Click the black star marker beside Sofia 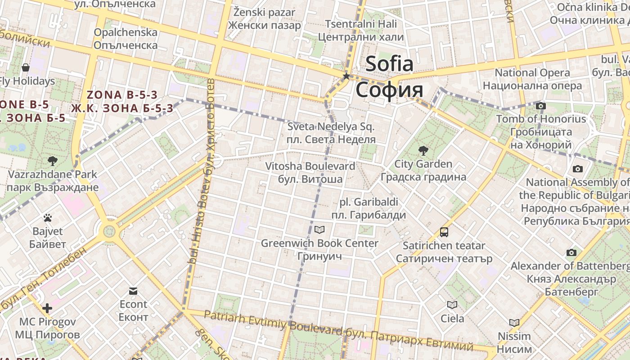[x=346, y=76]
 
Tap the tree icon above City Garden [x=423, y=151]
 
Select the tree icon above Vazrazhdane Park [x=53, y=161]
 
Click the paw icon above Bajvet [x=48, y=218]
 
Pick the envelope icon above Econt [x=133, y=291]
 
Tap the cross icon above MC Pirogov [x=47, y=308]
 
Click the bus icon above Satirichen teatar [x=444, y=232]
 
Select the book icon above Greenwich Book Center [x=319, y=230]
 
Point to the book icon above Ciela [x=452, y=305]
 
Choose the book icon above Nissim [x=514, y=323]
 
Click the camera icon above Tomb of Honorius [x=541, y=106]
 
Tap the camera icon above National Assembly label [x=578, y=169]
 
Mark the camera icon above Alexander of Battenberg [x=571, y=252]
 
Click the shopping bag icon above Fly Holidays [x=26, y=68]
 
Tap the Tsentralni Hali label [x=361, y=24]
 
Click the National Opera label [x=532, y=72]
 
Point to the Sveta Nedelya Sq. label [x=331, y=127]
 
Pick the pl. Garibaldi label [x=369, y=202]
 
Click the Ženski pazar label [x=264, y=12]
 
